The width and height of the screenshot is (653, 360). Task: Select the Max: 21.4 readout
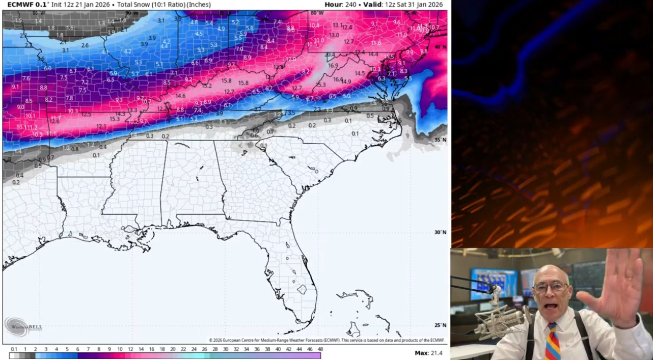click(428, 353)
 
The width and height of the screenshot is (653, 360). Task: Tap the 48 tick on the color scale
click(320, 349)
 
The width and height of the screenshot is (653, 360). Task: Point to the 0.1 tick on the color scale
click(14, 349)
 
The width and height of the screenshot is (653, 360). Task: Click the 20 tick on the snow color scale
click(173, 349)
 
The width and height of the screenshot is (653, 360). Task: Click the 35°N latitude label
click(440, 140)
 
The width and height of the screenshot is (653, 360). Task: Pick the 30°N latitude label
click(440, 232)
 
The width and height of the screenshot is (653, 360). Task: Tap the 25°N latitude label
click(440, 325)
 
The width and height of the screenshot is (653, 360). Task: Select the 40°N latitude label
click(440, 47)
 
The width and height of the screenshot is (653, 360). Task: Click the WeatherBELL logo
click(23, 326)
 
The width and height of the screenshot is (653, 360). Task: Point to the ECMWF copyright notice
click(326, 340)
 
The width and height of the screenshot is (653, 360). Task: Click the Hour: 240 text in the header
click(340, 5)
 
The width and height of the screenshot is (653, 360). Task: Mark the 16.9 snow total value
click(333, 66)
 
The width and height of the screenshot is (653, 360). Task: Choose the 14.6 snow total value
click(180, 96)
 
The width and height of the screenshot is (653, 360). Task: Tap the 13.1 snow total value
click(337, 25)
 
